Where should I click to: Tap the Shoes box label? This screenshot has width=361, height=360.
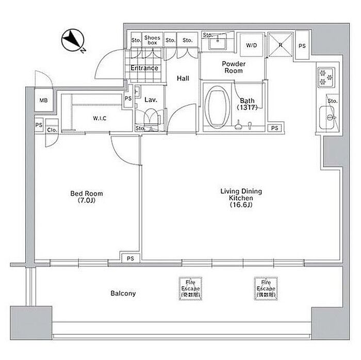pos(153,40)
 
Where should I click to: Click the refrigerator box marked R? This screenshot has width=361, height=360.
pos(281,44)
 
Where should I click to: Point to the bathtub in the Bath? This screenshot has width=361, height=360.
pos(216,107)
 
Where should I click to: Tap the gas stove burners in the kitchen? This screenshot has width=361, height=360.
pos(326,77)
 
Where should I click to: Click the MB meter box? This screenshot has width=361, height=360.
pos(44,101)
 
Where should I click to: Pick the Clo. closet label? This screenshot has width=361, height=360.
pos(52,129)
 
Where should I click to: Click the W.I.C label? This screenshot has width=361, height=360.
pos(100,119)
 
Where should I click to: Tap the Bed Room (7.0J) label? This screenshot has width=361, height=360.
pos(87,197)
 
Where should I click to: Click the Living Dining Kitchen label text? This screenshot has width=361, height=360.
pos(241,198)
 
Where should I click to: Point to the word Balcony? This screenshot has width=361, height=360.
pos(123,293)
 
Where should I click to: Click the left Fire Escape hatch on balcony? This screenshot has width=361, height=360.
pos(189,289)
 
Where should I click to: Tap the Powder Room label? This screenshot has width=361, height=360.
pos(234,68)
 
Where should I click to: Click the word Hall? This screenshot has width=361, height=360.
pos(183,78)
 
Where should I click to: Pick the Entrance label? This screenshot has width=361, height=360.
pos(144,68)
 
